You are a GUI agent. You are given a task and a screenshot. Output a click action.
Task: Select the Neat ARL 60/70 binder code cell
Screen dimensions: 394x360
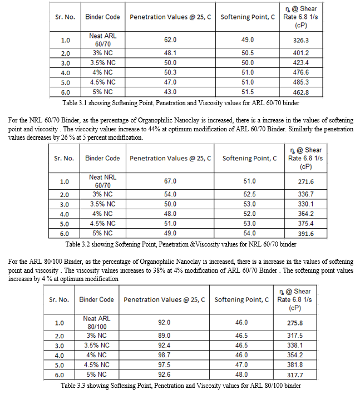[x=103, y=40]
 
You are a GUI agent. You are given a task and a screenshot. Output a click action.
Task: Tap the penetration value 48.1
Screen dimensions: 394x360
[x=170, y=53]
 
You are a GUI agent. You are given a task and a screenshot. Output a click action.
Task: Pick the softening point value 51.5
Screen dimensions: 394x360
[x=248, y=92]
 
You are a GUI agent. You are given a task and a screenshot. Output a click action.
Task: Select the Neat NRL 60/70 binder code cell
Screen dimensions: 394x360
[x=103, y=181]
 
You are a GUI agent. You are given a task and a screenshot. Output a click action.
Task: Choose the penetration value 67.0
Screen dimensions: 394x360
[x=170, y=181]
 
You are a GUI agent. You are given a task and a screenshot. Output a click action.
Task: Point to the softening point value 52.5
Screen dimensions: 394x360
[x=249, y=194]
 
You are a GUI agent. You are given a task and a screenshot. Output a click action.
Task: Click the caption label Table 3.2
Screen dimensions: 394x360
[x=80, y=244]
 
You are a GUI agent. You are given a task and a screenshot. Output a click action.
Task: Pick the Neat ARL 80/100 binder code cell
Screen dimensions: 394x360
[x=97, y=323]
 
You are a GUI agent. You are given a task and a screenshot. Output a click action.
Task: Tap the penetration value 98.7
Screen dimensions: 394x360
[x=164, y=354]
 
